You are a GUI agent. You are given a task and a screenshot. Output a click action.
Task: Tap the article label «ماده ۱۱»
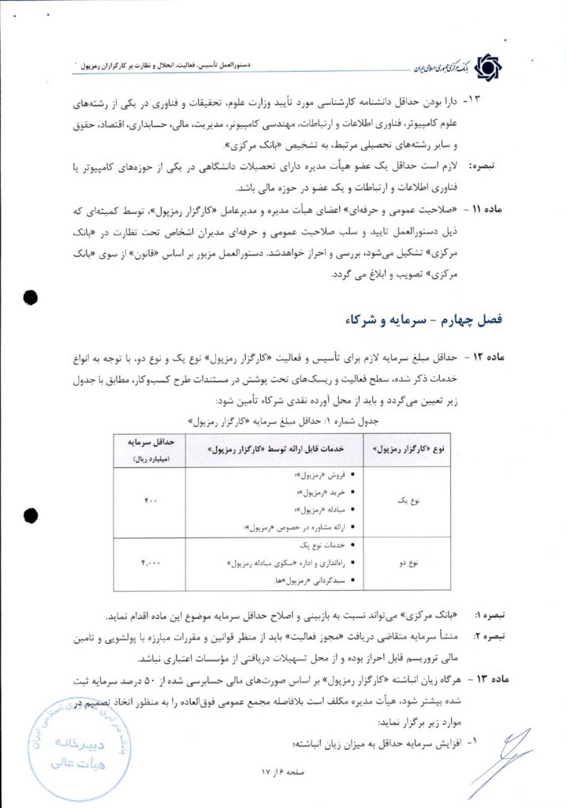(x=490, y=211)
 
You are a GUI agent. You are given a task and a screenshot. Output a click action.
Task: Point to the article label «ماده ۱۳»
(x=490, y=678)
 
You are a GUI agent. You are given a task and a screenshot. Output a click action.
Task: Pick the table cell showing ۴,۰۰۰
(x=150, y=563)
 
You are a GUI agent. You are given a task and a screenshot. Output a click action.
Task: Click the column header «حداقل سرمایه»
(x=150, y=446)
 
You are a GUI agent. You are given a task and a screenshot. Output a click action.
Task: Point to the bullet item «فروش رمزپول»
(x=319, y=476)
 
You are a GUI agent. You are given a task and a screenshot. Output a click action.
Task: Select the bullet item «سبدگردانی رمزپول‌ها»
(x=315, y=580)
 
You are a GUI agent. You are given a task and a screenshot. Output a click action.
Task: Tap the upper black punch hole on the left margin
(x=31, y=297)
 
